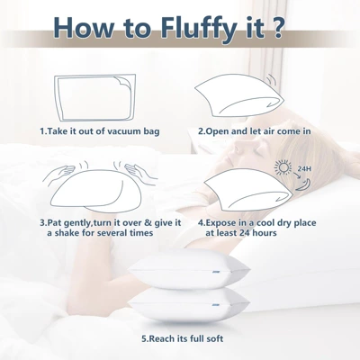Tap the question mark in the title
[282, 28]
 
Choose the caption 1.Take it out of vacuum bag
[101, 130]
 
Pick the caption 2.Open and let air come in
[255, 130]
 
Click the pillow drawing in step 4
[238, 189]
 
